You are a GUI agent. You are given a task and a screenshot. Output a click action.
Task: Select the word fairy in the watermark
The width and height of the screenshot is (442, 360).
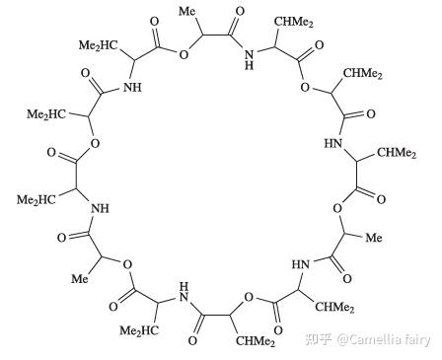tap(417, 341)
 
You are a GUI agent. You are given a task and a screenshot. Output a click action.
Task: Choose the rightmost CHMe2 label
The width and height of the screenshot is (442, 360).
tap(396, 152)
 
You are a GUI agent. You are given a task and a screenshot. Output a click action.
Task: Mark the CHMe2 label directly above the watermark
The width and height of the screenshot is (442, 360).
tap(334, 308)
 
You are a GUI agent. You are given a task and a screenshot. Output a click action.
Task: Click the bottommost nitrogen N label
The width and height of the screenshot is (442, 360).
tap(184, 292)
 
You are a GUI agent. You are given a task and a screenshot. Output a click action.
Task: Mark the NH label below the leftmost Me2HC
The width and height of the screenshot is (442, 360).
tap(98, 209)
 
